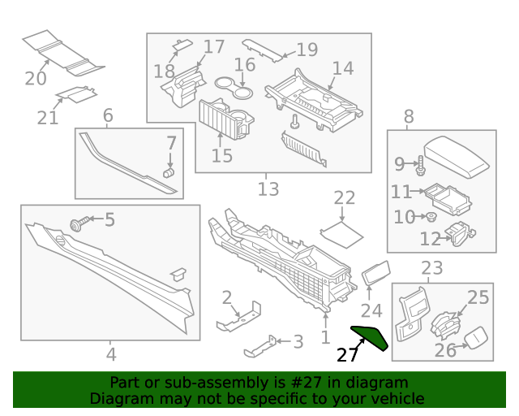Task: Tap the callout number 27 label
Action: coord(347,355)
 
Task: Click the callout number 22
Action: coord(345,197)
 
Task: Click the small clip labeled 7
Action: coord(169,171)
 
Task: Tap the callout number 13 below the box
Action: coord(268,189)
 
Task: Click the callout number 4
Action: coord(111,354)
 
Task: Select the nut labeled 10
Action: coord(433,217)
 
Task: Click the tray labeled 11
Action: coord(447,197)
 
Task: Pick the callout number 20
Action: coord(36,78)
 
